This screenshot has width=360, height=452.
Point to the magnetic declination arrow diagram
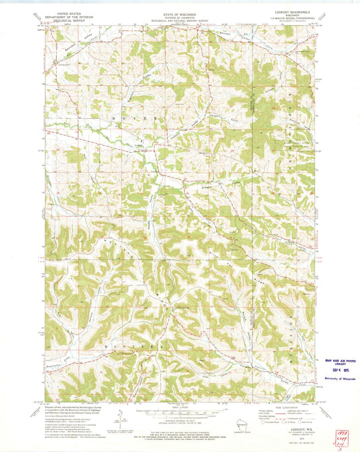119,420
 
